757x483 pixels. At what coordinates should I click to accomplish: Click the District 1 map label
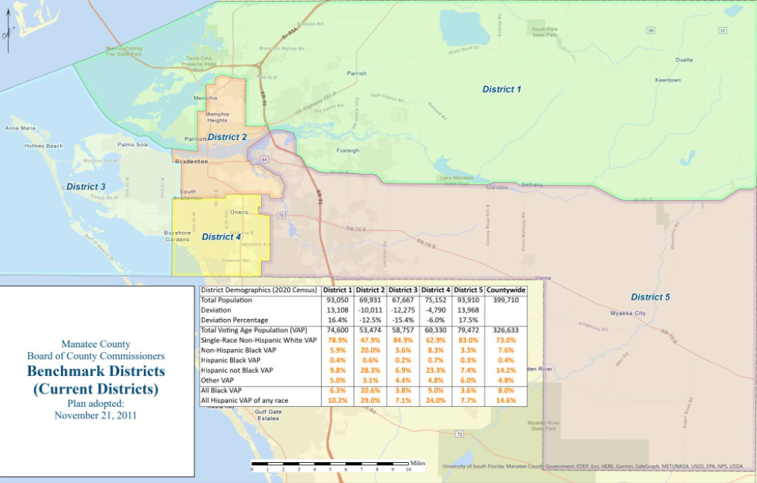501,89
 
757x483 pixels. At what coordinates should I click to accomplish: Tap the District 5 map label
651,297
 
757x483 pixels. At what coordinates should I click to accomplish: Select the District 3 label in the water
85,186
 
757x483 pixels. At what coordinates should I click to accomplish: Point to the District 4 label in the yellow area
221,236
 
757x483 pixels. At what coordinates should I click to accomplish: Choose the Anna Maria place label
20,128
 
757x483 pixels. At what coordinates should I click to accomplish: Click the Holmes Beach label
43,146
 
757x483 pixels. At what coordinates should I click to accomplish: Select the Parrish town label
356,73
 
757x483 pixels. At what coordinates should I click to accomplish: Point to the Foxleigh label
347,150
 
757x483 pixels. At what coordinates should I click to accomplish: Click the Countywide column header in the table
506,290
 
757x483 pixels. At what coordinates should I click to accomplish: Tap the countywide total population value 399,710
506,300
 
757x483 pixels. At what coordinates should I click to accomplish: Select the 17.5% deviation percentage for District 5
468,320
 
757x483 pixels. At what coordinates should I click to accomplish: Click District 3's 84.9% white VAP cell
403,340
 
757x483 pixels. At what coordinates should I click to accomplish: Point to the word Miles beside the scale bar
417,463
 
